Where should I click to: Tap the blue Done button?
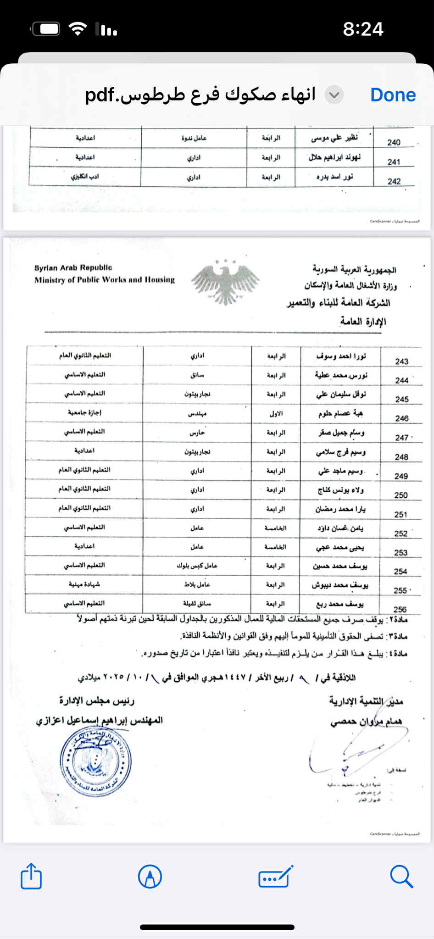click(393, 95)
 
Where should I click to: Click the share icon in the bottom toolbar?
click(31, 876)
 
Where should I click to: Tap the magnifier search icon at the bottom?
click(401, 877)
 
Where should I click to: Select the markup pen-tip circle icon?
click(150, 877)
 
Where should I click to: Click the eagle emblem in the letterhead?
click(225, 282)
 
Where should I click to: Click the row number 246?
click(402, 418)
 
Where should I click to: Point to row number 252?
click(401, 533)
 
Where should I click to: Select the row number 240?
click(394, 142)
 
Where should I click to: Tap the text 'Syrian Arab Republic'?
click(73, 267)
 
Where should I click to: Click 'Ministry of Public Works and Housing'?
click(104, 280)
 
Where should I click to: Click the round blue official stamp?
click(95, 761)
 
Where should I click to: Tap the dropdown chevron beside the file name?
click(334, 95)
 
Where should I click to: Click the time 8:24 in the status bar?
click(363, 29)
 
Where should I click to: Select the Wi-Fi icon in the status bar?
click(78, 29)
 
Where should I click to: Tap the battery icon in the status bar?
click(45, 29)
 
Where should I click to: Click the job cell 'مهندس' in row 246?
click(197, 413)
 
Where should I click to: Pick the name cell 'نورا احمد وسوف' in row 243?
click(341, 356)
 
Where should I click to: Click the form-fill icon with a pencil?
click(275, 877)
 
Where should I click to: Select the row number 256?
click(400, 609)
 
